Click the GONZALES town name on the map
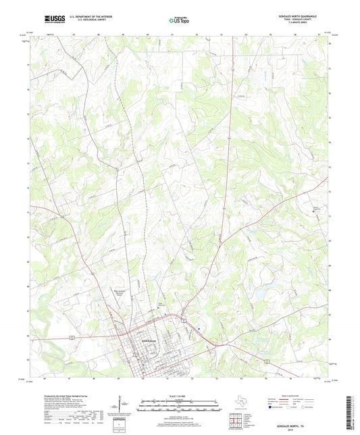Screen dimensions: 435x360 (148, 340)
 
